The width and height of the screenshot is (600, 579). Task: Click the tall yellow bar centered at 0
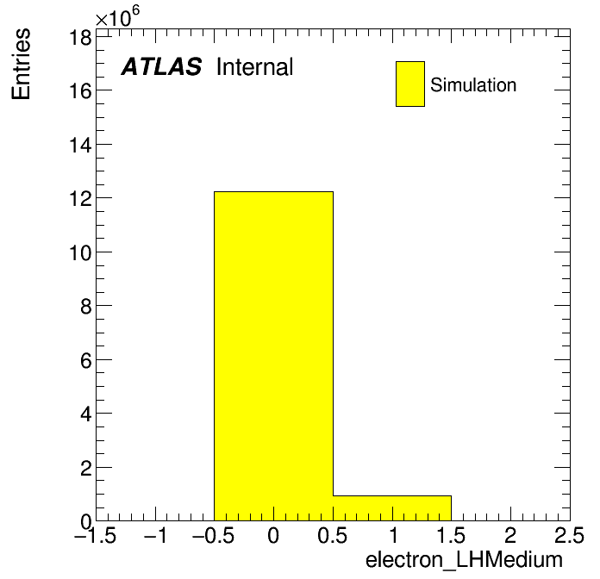[273, 356]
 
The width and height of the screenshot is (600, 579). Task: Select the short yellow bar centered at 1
[392, 508]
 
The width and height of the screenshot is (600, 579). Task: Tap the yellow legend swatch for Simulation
[410, 84]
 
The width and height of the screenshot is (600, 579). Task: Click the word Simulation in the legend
[473, 85]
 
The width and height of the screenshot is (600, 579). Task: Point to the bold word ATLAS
[161, 66]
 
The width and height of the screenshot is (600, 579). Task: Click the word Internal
[255, 67]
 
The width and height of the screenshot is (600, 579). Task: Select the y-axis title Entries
[21, 64]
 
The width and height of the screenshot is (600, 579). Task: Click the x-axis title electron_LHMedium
[464, 560]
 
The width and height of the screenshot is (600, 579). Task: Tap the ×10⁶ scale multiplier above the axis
[117, 16]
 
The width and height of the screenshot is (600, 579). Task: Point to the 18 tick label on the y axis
[80, 38]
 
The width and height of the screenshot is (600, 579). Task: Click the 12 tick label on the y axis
[80, 199]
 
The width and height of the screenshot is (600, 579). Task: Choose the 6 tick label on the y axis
[85, 361]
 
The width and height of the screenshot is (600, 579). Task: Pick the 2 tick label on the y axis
[85, 469]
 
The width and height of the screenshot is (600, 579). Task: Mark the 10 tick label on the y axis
[80, 252]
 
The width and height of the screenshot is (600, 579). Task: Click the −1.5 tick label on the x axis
[96, 535]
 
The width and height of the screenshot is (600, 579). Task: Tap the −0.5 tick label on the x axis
[214, 535]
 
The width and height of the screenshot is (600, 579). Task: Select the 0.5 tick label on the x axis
[333, 535]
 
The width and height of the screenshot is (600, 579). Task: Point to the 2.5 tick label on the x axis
[569, 535]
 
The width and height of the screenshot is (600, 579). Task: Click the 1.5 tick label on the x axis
[451, 535]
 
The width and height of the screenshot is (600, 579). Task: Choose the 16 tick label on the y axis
[80, 91]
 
